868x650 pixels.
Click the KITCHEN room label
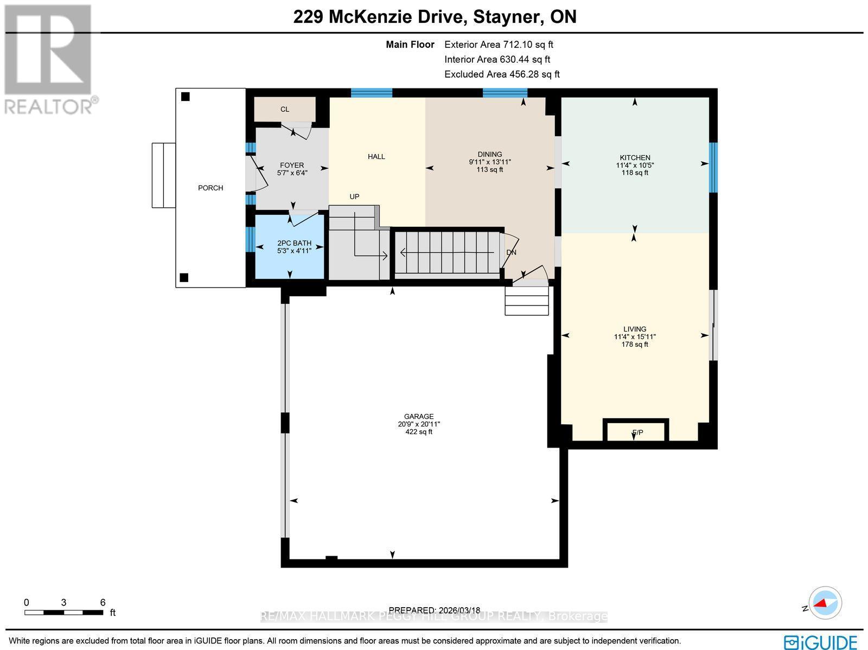click(635, 158)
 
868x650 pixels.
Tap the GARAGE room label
click(418, 417)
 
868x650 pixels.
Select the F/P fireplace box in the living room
click(636, 432)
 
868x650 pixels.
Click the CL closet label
click(285, 109)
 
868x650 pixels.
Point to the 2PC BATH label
click(294, 243)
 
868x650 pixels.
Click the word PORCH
click(210, 188)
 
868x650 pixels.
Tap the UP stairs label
click(354, 196)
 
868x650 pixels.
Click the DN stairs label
click(511, 252)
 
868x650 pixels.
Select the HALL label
click(376, 156)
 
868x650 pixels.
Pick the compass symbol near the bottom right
click(825, 603)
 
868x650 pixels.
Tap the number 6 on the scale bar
click(103, 602)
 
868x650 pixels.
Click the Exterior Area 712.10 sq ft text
click(499, 44)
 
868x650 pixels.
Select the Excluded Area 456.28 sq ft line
click(502, 74)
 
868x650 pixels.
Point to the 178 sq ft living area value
click(635, 344)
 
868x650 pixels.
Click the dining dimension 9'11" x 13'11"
click(490, 162)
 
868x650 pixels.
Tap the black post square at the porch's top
click(186, 97)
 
